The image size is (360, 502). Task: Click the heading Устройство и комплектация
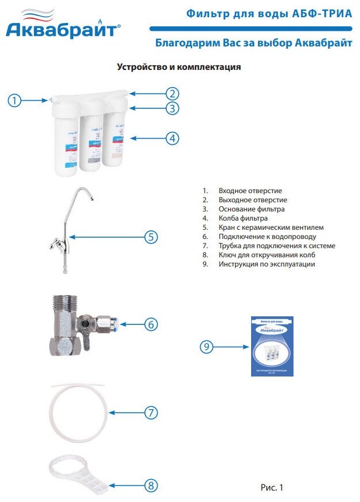tap(179, 67)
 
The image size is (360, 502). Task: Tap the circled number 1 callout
tap(15, 100)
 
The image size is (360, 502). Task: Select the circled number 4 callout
tap(173, 138)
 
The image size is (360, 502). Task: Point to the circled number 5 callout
tap(150, 237)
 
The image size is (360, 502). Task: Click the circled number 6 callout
tap(150, 324)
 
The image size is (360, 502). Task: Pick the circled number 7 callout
tap(150, 412)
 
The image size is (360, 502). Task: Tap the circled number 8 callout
tap(150, 486)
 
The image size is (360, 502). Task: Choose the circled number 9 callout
tap(208, 346)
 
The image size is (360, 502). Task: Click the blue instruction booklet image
tap(272, 346)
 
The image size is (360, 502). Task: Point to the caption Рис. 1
tap(272, 488)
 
